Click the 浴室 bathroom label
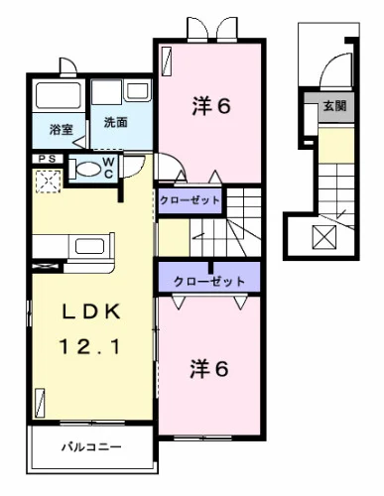61,129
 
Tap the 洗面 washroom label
115,123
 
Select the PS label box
46,159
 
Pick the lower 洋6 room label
211,368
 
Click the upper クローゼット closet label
191,201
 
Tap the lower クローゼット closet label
209,282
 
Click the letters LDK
91,312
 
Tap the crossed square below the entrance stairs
324,236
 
